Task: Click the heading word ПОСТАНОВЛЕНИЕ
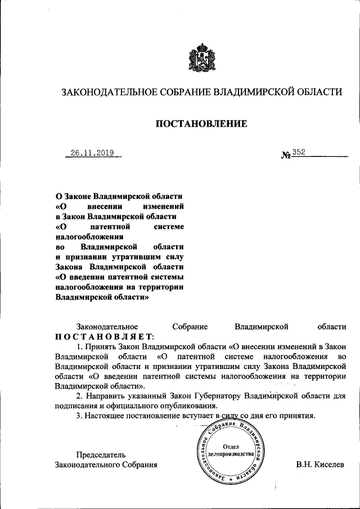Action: [201, 124]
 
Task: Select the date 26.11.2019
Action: [92, 153]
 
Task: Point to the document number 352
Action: [298, 153]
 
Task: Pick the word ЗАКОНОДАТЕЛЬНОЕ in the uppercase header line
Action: [103, 91]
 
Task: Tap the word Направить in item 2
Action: [110, 396]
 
